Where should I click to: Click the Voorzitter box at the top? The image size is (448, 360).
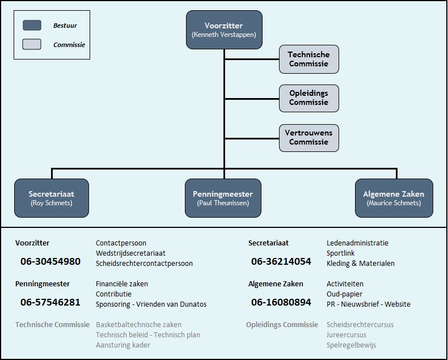[x=224, y=29]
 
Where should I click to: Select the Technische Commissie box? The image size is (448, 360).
[x=309, y=59]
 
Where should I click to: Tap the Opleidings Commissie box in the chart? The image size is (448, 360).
[x=309, y=98]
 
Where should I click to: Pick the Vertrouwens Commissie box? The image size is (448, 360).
[x=309, y=138]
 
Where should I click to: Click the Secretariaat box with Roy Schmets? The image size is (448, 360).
[x=52, y=198]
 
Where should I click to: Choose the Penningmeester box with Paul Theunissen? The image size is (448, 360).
[x=223, y=198]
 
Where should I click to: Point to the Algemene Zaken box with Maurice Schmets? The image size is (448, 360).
[x=394, y=198]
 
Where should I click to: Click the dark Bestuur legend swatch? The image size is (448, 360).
[x=32, y=25]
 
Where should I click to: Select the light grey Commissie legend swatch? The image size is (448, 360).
[x=32, y=44]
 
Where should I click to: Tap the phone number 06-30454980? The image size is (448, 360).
[x=50, y=261]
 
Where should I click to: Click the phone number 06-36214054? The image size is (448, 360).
[x=281, y=261]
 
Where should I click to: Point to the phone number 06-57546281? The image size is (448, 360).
[x=50, y=302]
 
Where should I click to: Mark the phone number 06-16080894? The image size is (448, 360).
[x=281, y=302]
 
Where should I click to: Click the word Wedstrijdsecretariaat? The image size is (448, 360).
[x=130, y=253]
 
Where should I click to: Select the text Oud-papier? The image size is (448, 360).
[x=344, y=294]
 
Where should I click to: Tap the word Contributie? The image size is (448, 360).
[x=113, y=294]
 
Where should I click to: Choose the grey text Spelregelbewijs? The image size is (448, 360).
[x=351, y=345]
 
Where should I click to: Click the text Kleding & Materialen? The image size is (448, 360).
[x=361, y=264]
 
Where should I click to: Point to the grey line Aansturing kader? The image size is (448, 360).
[x=123, y=345]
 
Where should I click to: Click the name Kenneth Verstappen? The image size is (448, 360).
[x=224, y=35]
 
